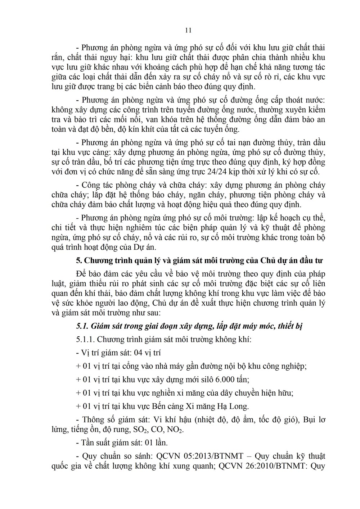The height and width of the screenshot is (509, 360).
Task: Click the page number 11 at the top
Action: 188,30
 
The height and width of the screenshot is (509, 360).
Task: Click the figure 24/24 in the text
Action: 223,172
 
